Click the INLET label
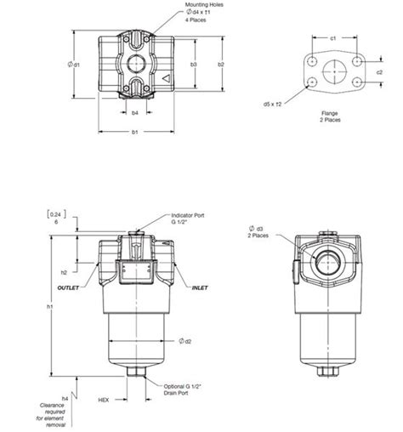(200, 287)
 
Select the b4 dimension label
(136, 111)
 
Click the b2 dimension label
(220, 65)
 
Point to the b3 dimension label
(195, 65)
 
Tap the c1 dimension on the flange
(333, 37)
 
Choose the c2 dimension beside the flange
(379, 72)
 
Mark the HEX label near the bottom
(104, 399)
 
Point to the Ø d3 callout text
(256, 230)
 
